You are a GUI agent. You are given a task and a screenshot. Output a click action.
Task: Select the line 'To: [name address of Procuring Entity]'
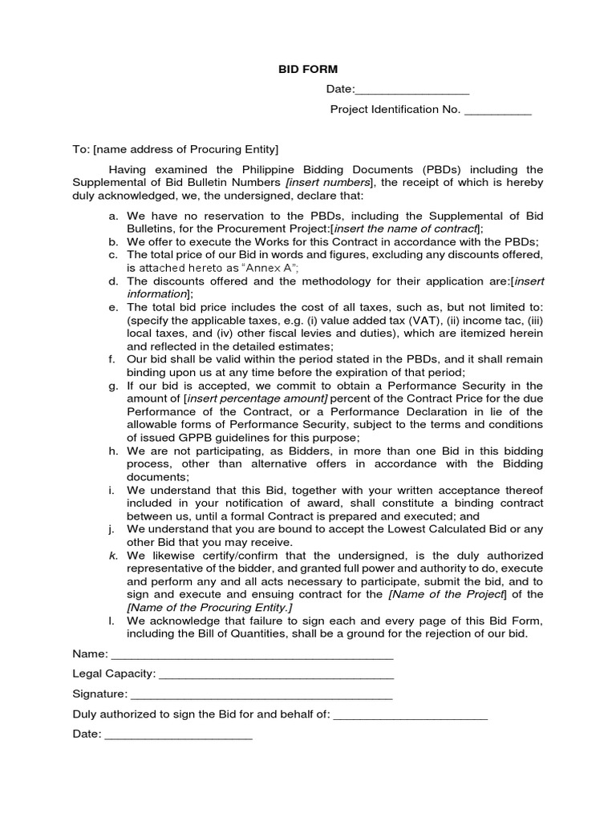[x=176, y=149]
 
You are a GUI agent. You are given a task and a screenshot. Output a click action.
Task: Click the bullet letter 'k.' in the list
[x=113, y=556]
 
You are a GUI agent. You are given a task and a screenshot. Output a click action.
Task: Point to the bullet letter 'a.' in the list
[x=113, y=216]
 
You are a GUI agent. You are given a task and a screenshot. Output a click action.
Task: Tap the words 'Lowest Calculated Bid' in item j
[x=448, y=529]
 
